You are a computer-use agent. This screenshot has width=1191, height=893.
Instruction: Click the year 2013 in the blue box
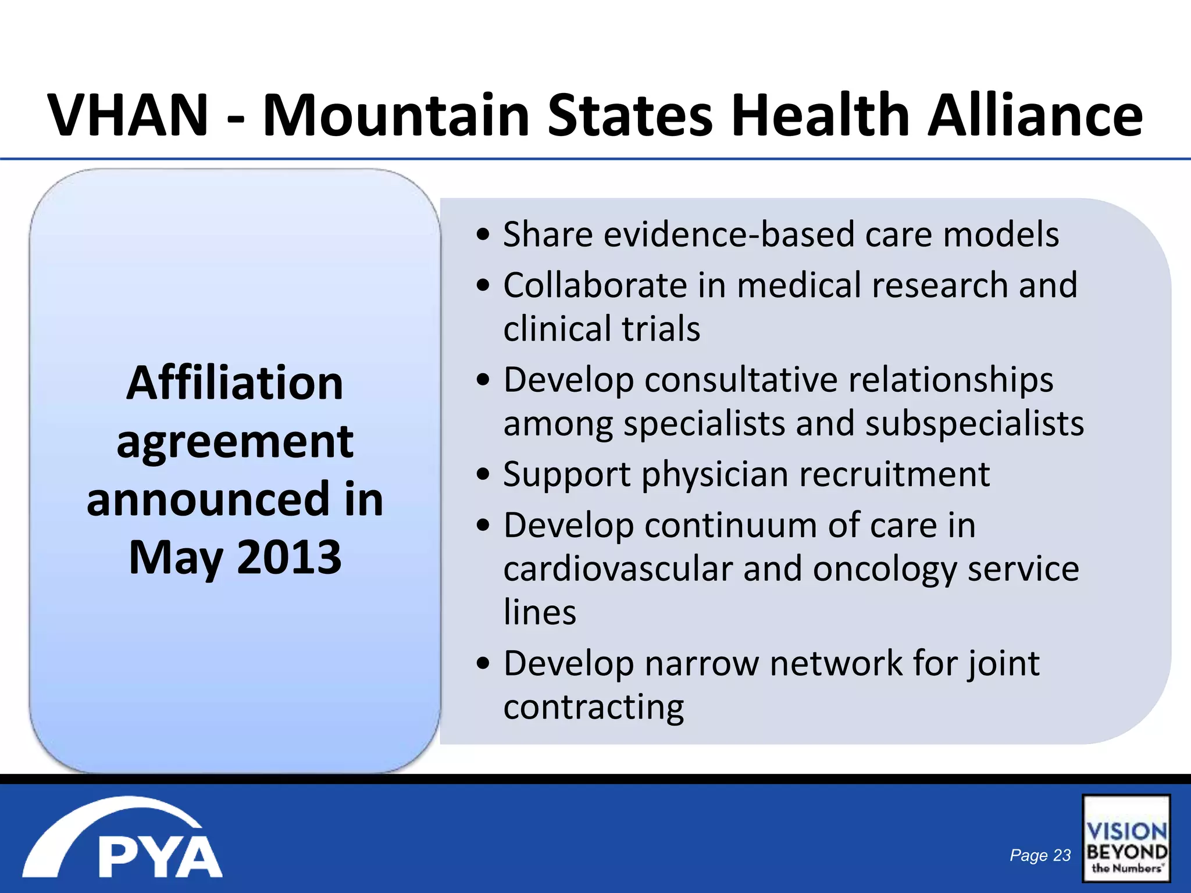(289, 557)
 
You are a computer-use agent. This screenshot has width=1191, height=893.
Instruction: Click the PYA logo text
(160, 856)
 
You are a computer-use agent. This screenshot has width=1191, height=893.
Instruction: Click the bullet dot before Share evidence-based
(483, 235)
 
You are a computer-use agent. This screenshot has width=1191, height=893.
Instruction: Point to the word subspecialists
(975, 423)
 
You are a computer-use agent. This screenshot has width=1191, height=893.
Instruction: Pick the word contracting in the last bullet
(594, 707)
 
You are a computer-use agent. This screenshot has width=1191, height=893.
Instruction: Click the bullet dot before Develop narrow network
(483, 664)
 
